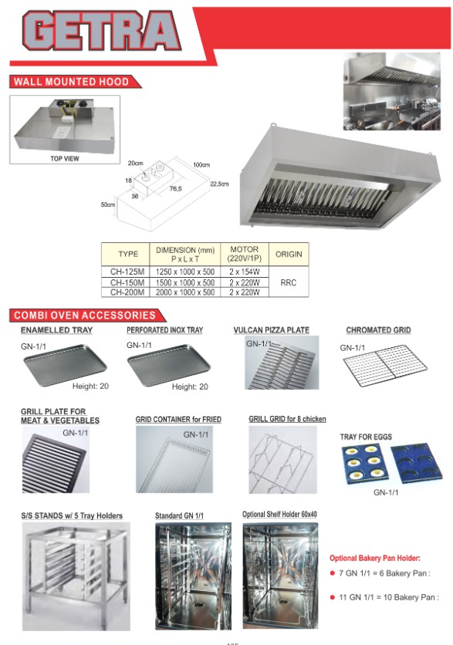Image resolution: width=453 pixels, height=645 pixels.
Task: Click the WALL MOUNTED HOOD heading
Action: (x=71, y=82)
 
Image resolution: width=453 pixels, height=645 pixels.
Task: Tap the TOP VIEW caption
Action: (x=64, y=157)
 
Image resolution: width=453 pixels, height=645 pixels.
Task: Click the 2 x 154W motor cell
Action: (x=244, y=272)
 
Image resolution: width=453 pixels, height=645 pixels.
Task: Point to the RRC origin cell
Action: (x=288, y=282)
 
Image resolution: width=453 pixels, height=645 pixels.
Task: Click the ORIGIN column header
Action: (x=288, y=254)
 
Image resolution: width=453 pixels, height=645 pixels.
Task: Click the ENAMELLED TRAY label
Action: (x=56, y=330)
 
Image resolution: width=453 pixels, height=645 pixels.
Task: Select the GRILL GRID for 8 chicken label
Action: (x=287, y=419)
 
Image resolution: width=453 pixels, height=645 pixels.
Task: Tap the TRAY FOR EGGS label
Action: (x=366, y=437)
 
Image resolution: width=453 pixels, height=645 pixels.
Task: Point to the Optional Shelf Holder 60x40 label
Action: (x=279, y=515)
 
